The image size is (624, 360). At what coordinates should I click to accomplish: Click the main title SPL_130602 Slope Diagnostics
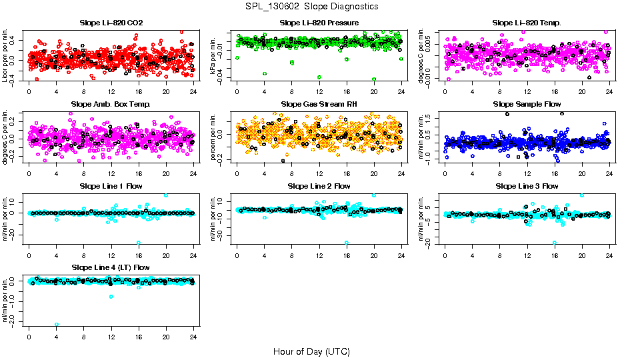pos(311,6)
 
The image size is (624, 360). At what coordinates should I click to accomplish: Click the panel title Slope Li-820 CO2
pos(111,23)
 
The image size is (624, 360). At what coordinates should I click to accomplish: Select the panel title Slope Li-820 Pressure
pos(319,23)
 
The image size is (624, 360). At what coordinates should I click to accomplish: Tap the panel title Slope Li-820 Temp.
pos(527,23)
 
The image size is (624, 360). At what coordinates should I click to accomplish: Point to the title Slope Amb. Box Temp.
pos(111,105)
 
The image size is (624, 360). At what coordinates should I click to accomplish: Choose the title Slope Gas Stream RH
pos(319,105)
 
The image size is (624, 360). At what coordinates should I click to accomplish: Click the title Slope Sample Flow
pos(527,105)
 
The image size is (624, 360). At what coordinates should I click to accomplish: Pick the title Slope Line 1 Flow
pos(111,186)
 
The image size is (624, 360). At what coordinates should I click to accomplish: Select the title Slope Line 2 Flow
pos(319,186)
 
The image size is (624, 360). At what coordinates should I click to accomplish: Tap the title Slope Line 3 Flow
pos(527,186)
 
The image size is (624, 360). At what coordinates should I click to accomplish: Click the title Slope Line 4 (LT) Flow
pos(111,267)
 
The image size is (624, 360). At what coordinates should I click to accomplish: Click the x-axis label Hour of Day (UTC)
pos(311,351)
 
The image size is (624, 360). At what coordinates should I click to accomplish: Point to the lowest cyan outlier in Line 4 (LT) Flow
pos(57,324)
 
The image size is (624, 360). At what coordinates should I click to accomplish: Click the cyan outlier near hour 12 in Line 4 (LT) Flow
pos(111,296)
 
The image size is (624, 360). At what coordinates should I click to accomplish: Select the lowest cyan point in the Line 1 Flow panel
pos(139,243)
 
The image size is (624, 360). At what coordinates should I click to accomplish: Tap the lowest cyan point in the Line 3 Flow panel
pos(555,243)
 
